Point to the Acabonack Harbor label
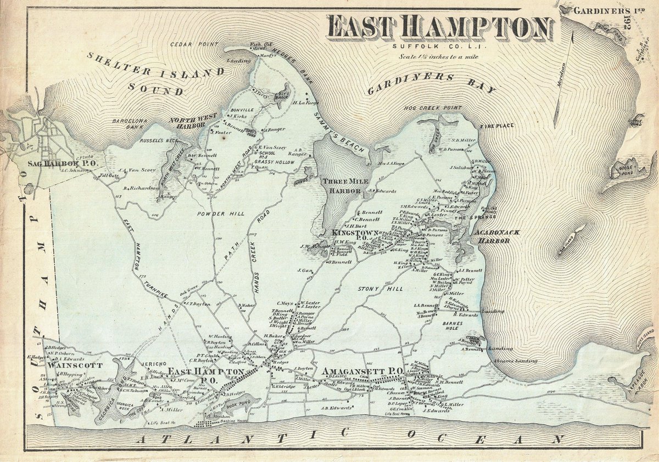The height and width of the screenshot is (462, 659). pyautogui.click(x=493, y=236)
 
